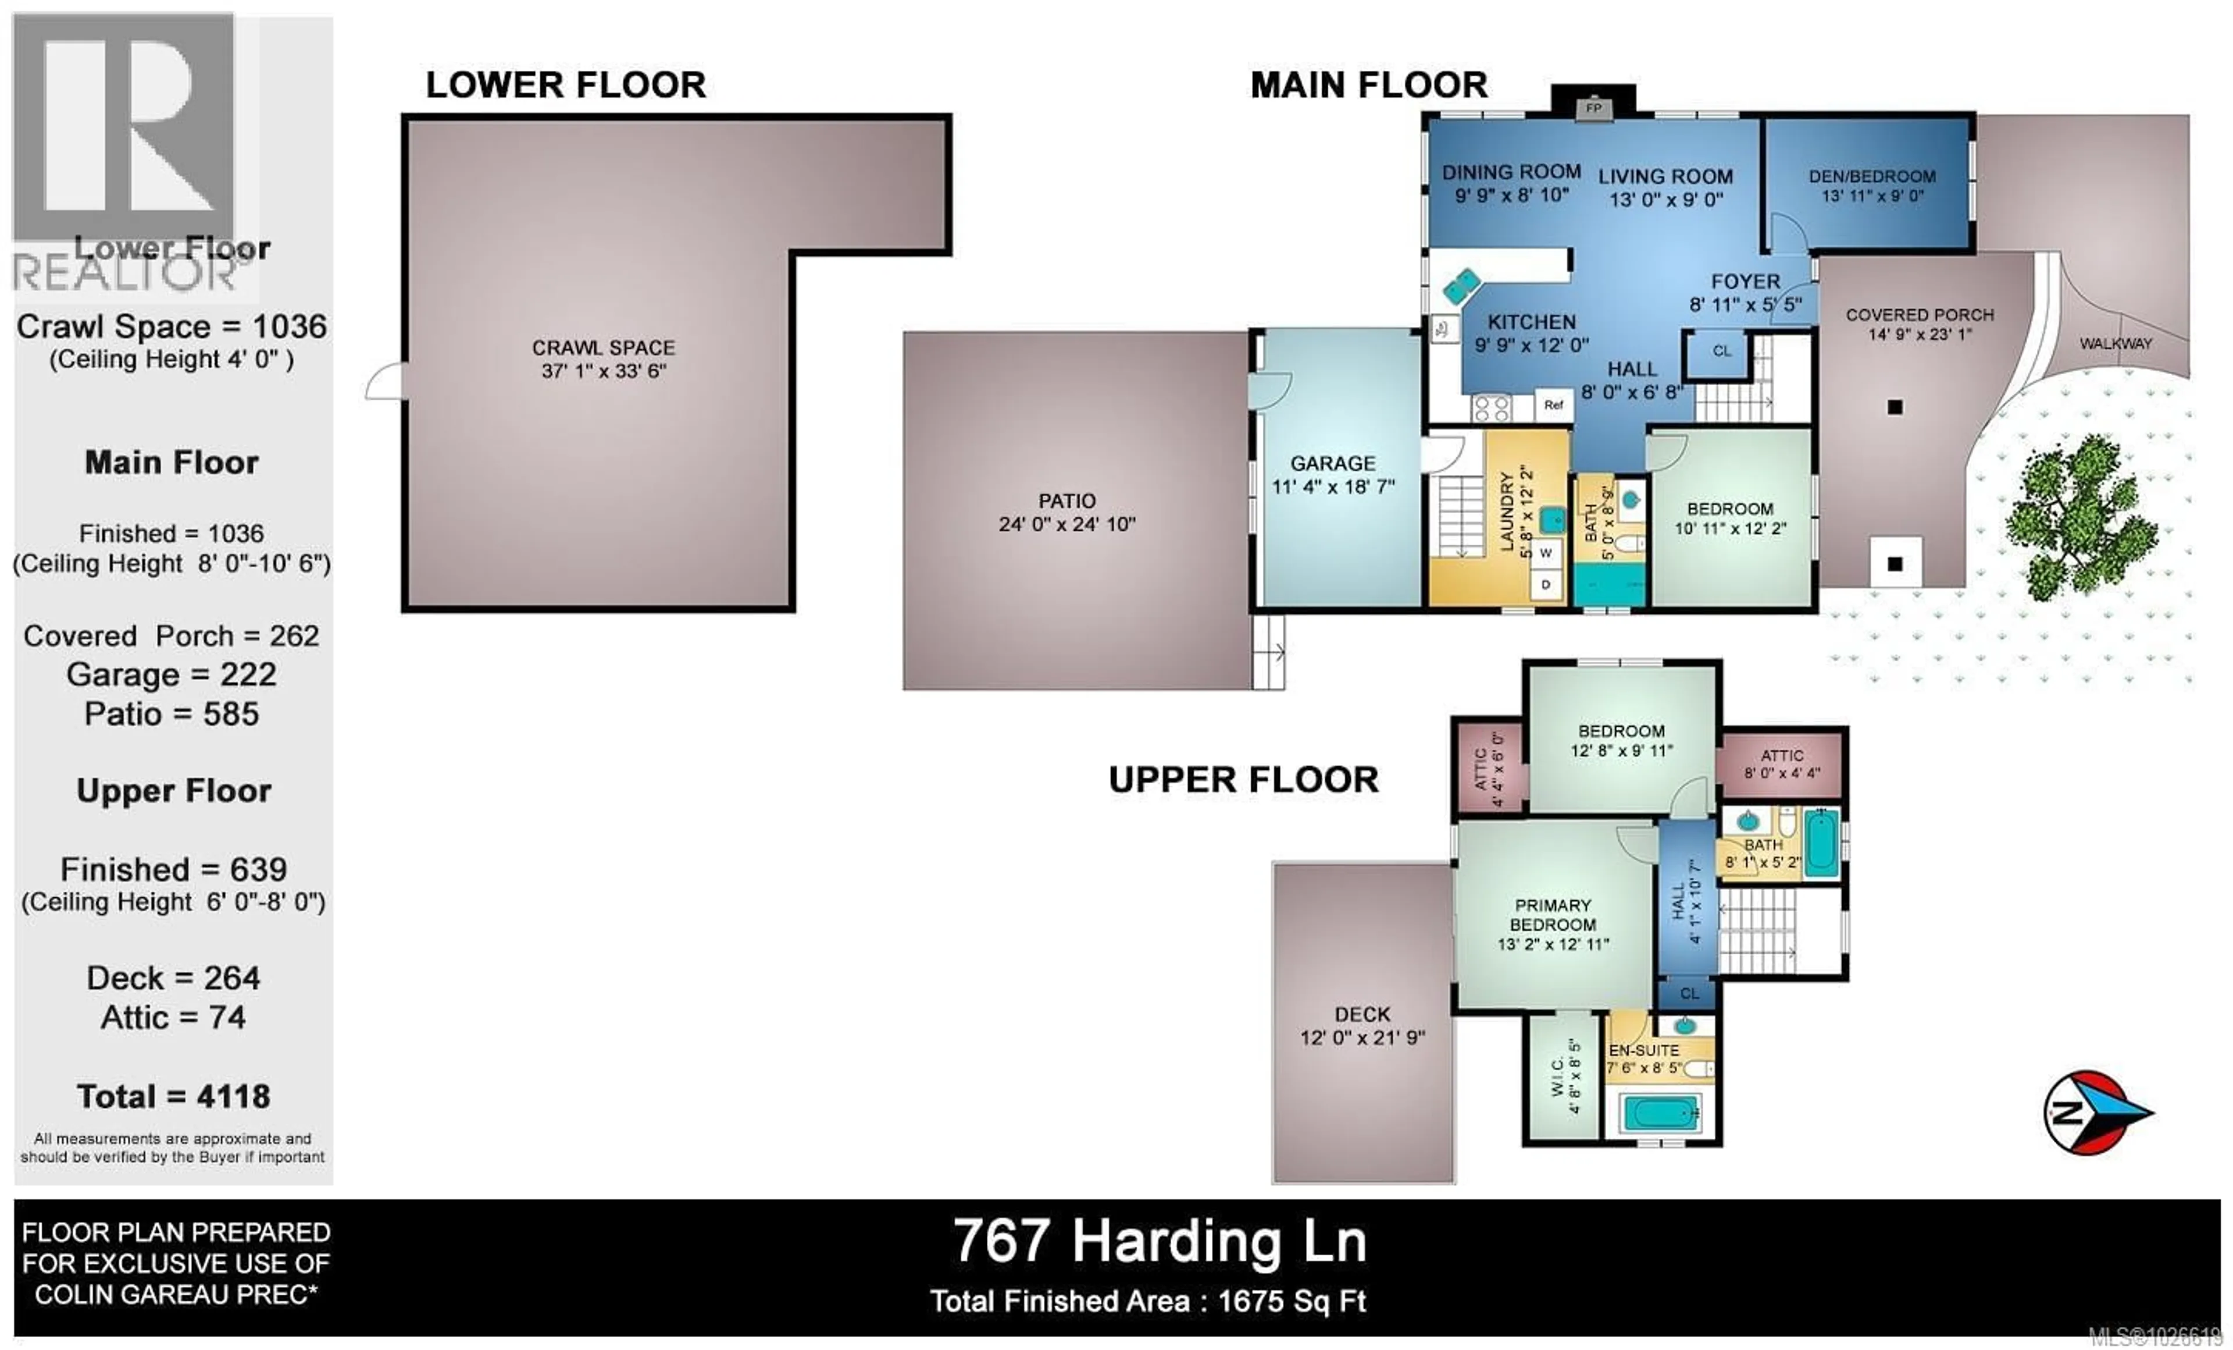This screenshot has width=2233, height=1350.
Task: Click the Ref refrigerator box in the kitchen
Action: (1553, 405)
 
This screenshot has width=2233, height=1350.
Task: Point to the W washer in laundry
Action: (1546, 553)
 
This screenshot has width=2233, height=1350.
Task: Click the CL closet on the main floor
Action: (1721, 352)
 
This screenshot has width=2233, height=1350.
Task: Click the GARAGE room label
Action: (1332, 463)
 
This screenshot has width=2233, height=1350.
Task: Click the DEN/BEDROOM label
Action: (1871, 177)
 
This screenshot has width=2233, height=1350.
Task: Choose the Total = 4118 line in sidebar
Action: (173, 1097)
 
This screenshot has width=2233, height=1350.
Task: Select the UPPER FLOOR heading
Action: (1243, 780)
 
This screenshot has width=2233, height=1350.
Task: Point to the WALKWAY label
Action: (2114, 344)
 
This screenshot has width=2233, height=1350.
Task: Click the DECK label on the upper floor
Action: (1362, 1015)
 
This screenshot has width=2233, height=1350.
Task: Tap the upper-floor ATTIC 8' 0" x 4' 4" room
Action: (1781, 764)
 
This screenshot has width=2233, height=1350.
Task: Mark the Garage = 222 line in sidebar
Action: (172, 674)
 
